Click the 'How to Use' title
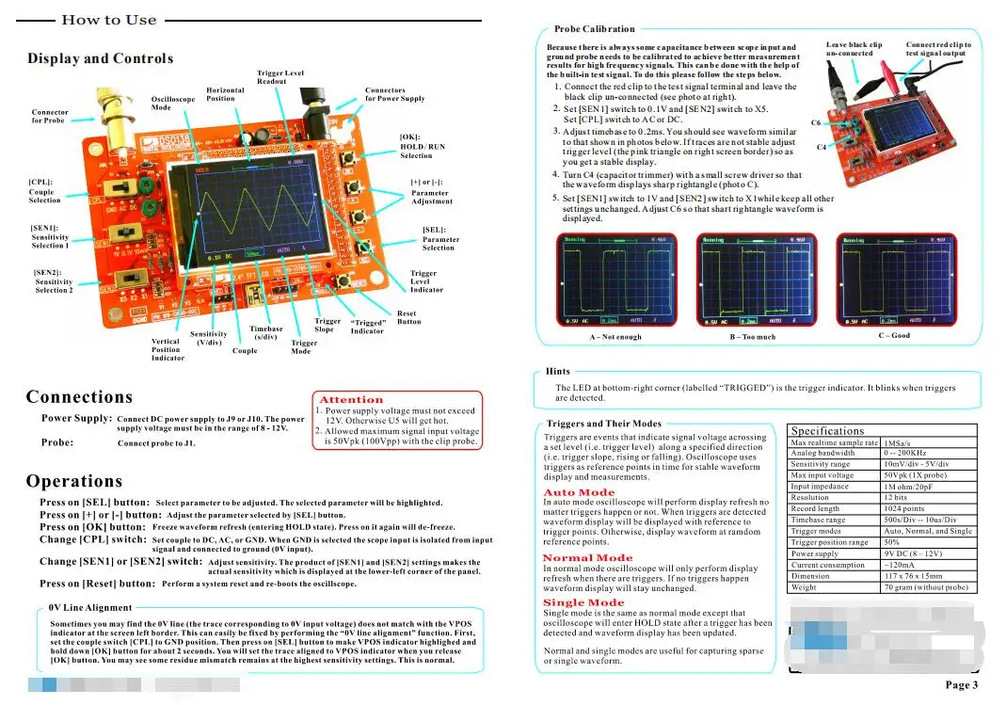click(109, 20)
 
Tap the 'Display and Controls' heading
click(101, 58)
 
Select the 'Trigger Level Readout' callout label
click(280, 77)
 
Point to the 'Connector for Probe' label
click(49, 116)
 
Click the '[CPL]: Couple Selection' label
click(44, 191)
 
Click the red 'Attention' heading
click(351, 400)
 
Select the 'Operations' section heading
click(74, 481)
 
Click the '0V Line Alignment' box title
click(90, 608)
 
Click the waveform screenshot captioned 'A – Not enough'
click(615, 280)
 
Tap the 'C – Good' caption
click(894, 335)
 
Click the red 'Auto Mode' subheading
click(579, 492)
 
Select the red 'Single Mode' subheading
click(583, 602)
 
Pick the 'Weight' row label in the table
click(805, 587)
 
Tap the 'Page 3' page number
click(962, 685)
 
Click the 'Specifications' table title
click(827, 430)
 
